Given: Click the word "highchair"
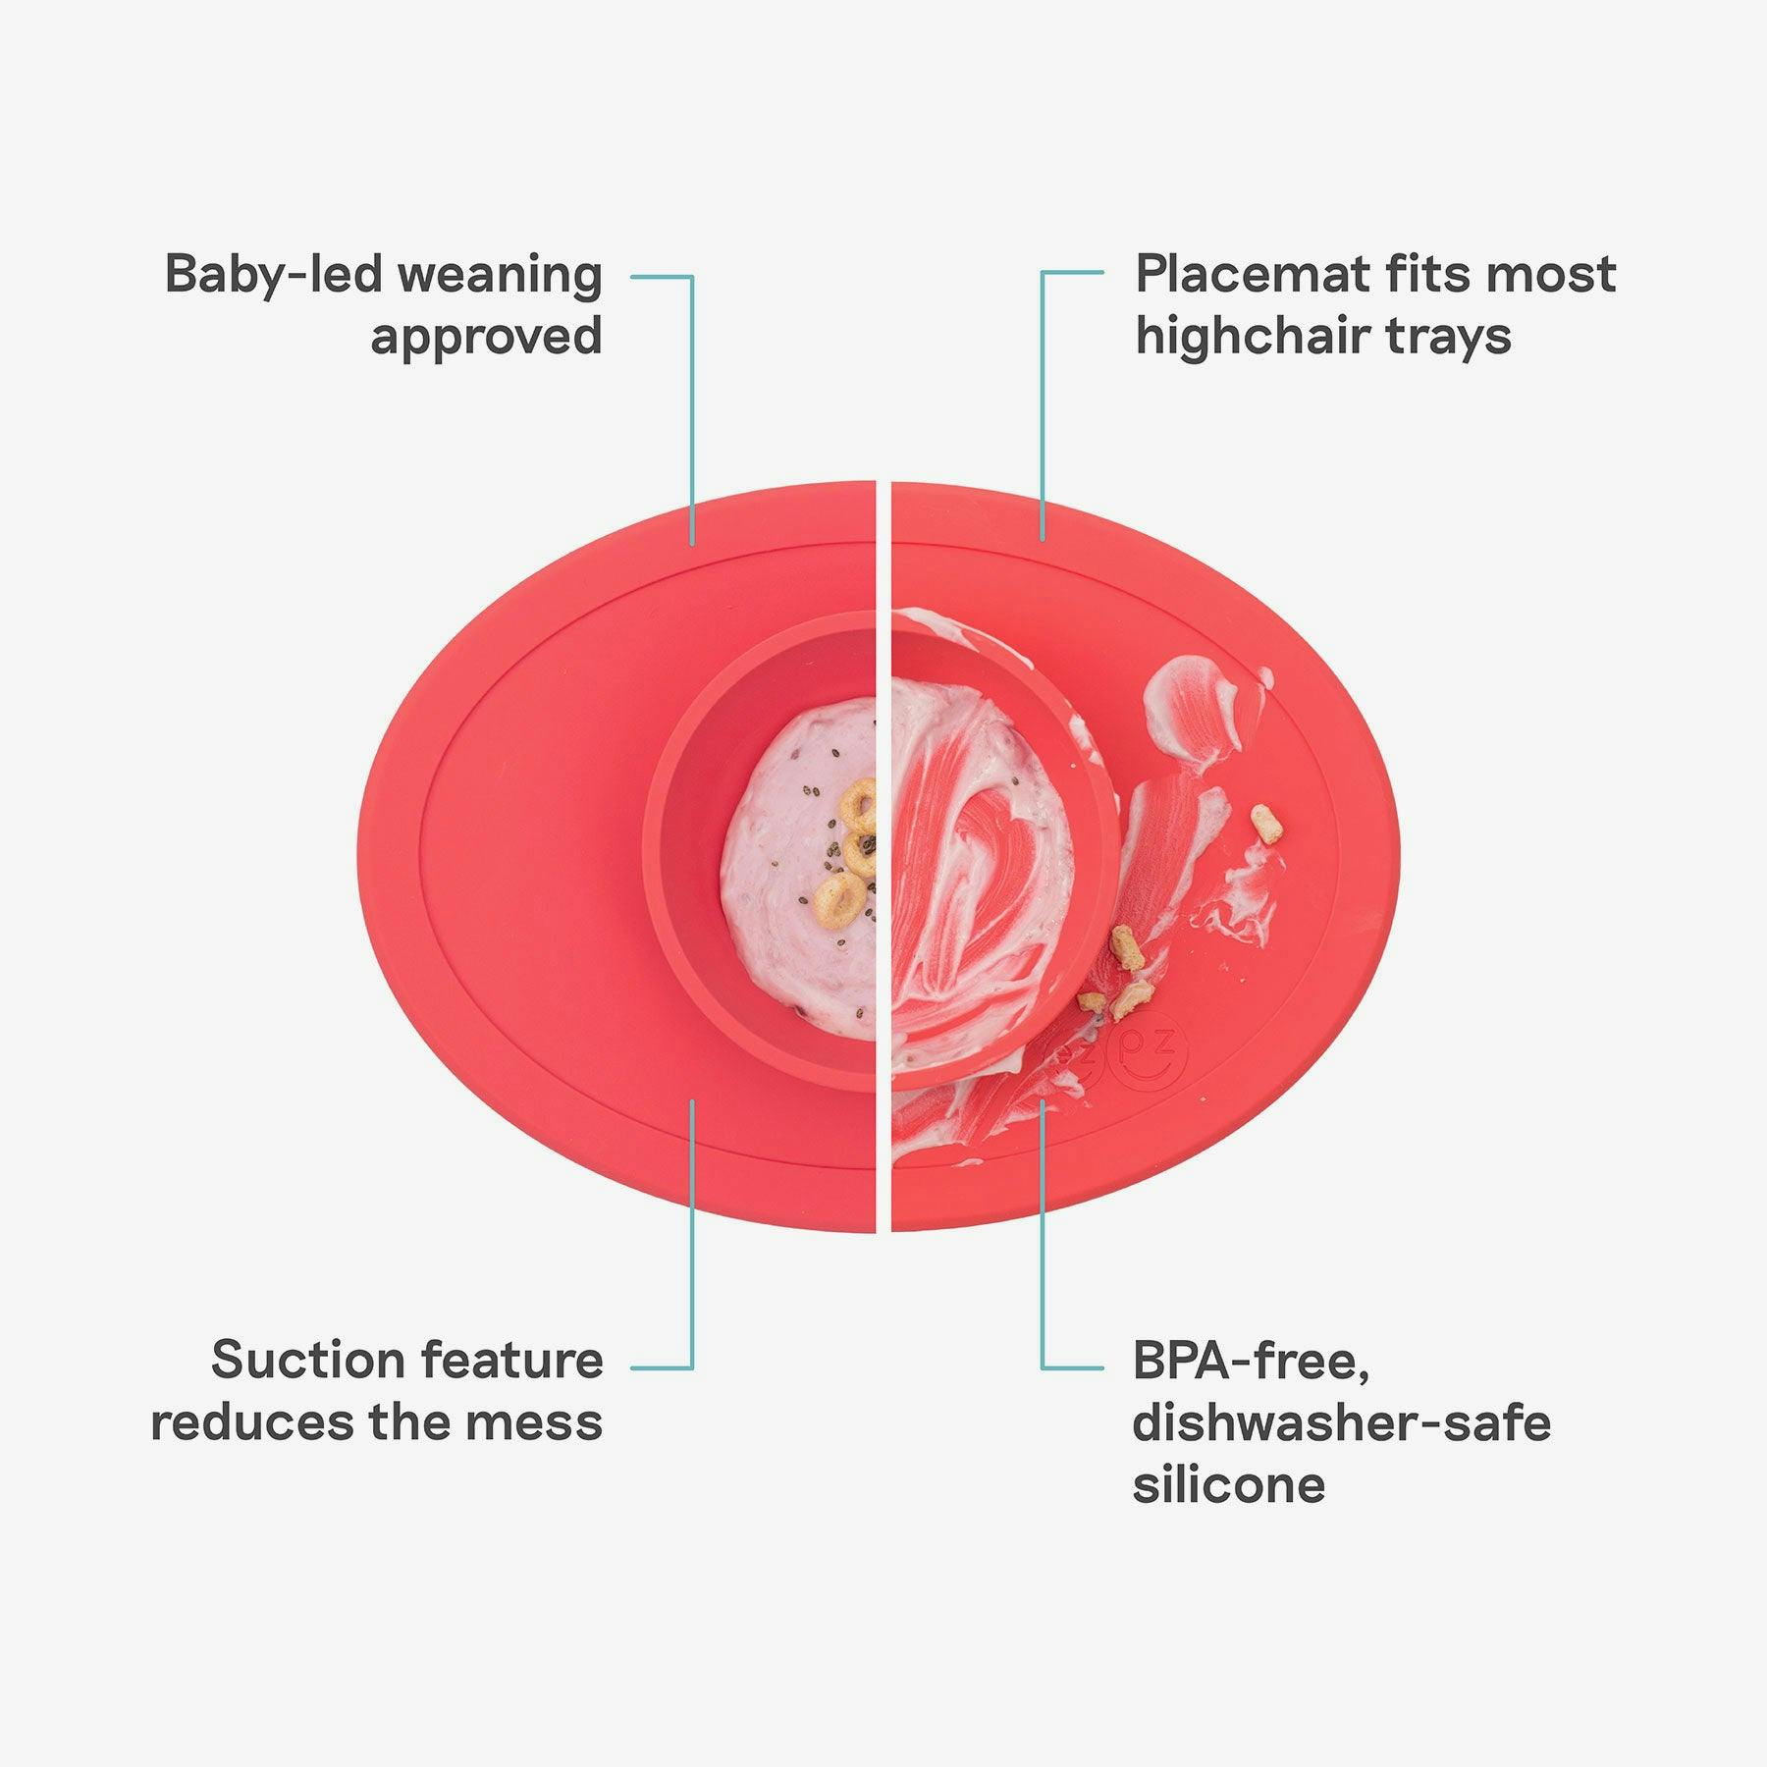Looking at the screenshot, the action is pyautogui.click(x=1253, y=337).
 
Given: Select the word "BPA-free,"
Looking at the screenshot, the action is pyautogui.click(x=1251, y=1363).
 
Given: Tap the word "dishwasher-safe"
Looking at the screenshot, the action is pyautogui.click(x=1342, y=1421).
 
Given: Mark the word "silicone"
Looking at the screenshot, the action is pyautogui.click(x=1229, y=1483).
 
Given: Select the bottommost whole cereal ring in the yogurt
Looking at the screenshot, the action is pyautogui.click(x=841, y=896).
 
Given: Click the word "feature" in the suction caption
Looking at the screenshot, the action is pyautogui.click(x=511, y=1361).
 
